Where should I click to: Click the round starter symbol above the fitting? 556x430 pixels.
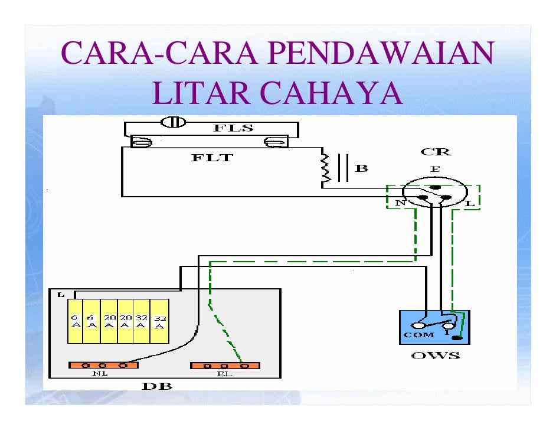tap(174, 122)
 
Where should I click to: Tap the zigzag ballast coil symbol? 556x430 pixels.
tap(324, 169)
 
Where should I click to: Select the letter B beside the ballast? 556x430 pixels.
tap(361, 168)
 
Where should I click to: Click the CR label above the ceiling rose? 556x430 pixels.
tap(436, 152)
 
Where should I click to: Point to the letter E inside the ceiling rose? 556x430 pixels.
tap(435, 169)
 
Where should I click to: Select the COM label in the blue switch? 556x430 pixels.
tap(419, 335)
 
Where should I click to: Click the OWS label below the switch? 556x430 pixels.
tap(435, 356)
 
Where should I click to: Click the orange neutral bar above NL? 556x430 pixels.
tap(103, 365)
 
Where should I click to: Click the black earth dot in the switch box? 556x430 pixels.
tap(456, 339)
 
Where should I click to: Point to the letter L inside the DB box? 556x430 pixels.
tap(62, 294)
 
